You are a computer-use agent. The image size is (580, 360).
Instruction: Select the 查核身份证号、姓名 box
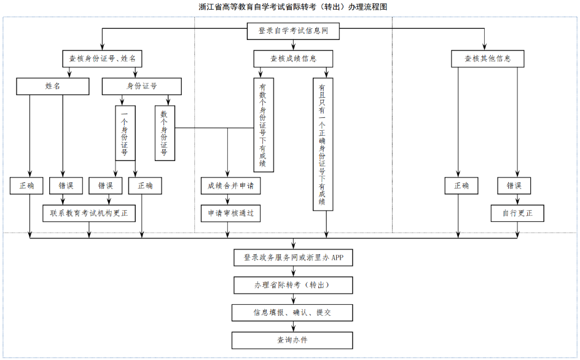pos(102,58)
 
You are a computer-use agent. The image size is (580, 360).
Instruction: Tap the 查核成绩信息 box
pos(293,58)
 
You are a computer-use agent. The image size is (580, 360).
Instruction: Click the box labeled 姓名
pos(52,86)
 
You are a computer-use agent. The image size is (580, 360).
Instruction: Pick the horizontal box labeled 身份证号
pos(142,86)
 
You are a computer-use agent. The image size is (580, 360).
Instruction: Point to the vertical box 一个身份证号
pos(125,132)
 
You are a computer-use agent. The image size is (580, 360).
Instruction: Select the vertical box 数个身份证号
pos(165,132)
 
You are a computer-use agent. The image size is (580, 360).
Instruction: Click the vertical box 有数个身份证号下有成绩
pos(263,124)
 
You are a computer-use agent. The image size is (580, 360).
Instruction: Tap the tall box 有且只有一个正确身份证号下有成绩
pos(323,144)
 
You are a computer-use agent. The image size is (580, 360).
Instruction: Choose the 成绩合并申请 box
pos(230,186)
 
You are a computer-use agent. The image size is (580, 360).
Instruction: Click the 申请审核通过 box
pos(230,213)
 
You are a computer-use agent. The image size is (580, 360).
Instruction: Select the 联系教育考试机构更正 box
pos(89,213)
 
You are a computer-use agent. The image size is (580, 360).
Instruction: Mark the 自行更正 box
pos(517,213)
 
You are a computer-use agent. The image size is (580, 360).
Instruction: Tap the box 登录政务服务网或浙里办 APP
pos(293,257)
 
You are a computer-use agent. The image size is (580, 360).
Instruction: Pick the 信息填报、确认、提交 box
pos(292,313)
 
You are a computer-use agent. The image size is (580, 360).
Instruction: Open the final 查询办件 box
pos(292,340)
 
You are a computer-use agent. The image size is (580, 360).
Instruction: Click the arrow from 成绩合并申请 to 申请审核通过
pos(228,199)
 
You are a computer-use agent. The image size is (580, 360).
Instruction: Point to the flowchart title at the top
pos(292,7)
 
